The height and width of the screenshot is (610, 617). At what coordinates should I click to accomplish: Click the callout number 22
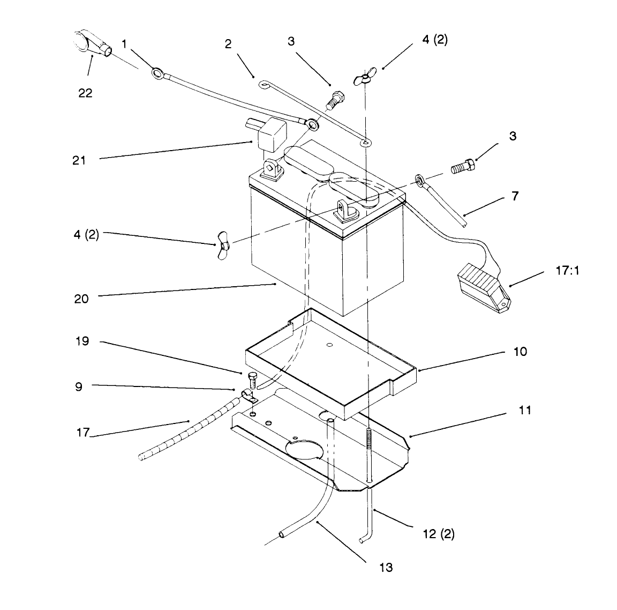tap(85, 93)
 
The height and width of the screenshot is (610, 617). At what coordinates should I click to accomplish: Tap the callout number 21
tap(79, 161)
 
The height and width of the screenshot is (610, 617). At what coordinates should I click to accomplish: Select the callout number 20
tap(81, 299)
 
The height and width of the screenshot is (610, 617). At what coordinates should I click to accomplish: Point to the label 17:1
tap(567, 271)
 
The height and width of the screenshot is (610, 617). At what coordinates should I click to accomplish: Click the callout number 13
tap(386, 568)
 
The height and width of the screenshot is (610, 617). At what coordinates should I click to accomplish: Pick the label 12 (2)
tap(439, 534)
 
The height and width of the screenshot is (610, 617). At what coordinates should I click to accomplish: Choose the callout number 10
tap(520, 352)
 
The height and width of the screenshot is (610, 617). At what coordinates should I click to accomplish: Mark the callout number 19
tap(82, 341)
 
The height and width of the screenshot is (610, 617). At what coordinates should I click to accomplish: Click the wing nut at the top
tap(364, 76)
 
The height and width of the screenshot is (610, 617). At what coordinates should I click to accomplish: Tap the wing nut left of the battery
tap(223, 246)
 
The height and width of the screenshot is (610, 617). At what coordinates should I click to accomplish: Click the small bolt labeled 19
tap(253, 379)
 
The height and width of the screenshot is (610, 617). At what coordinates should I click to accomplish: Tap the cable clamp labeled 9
tap(248, 396)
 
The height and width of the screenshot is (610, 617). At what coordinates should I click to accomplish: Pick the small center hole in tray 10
tap(330, 345)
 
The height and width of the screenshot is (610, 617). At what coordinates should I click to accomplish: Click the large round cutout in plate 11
tap(304, 450)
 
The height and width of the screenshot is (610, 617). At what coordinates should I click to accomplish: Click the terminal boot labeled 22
tap(92, 44)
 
